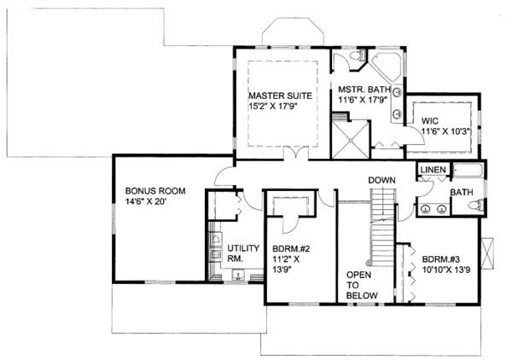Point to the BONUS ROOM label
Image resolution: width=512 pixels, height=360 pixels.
pyautogui.click(x=155, y=191)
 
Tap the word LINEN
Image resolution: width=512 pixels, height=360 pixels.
pyautogui.click(x=433, y=171)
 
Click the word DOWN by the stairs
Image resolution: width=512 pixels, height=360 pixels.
pyautogui.click(x=381, y=181)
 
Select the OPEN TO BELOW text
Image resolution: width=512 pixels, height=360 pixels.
pyautogui.click(x=358, y=285)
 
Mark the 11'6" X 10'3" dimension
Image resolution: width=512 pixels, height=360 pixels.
pyautogui.click(x=443, y=132)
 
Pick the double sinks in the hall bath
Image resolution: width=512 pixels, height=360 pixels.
pyautogui.click(x=433, y=209)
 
